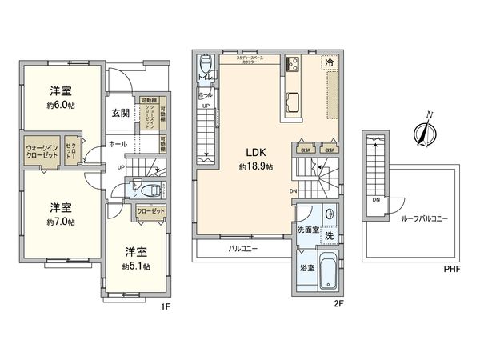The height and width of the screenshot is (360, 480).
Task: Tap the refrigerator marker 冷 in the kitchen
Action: (329, 62)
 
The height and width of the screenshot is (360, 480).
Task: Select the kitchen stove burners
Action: (292, 63)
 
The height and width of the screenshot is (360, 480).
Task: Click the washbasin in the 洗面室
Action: (329, 214)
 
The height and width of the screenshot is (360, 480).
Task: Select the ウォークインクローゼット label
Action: (42, 151)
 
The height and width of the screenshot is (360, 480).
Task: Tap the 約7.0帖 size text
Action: (61, 222)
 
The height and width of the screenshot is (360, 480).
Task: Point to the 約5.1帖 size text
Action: (137, 266)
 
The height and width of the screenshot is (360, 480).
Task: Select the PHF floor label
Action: (453, 270)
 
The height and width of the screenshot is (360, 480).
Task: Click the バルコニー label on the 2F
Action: (242, 249)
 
